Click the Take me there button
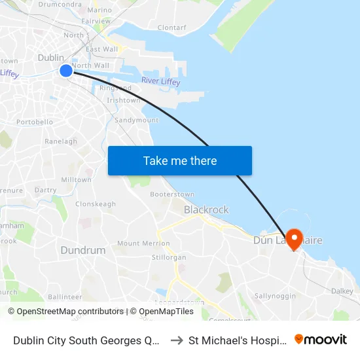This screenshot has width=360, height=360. (x=180, y=160)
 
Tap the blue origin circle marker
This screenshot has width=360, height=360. (x=66, y=71)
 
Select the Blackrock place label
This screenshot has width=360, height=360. (x=206, y=209)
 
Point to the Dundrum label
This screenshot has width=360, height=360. (x=83, y=250)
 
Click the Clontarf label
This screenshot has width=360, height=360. (x=172, y=28)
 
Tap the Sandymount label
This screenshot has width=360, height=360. (x=136, y=120)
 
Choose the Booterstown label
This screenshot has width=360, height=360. (x=172, y=194)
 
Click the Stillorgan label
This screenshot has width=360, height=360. (x=169, y=257)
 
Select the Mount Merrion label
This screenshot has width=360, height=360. (x=143, y=243)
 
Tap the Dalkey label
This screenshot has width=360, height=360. (x=342, y=291)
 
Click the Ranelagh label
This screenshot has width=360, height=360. (x=61, y=141)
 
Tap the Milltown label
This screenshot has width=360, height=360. (x=76, y=179)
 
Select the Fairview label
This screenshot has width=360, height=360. (x=96, y=21)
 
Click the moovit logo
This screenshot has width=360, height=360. (x=321, y=339)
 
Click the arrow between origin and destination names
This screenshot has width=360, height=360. (x=175, y=340)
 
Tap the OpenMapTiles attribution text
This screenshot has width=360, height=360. (x=162, y=312)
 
